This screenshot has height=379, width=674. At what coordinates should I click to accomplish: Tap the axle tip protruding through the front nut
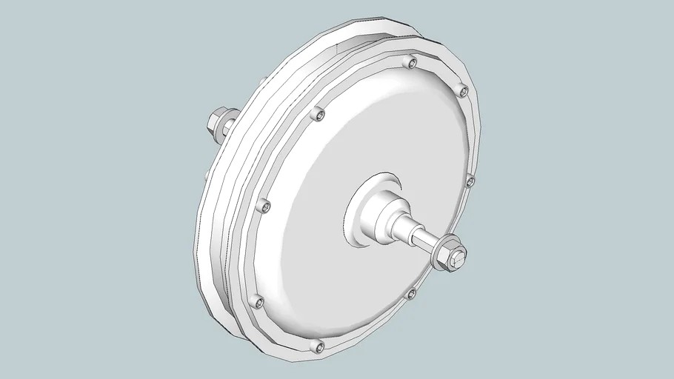click(x=461, y=256)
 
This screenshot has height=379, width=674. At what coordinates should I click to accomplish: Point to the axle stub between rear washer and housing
click(x=234, y=127)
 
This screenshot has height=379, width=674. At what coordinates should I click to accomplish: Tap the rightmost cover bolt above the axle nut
click(x=469, y=180)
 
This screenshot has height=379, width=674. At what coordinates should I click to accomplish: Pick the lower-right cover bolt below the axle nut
click(x=412, y=295)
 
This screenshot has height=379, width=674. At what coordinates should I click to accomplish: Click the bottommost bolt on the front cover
click(x=319, y=345)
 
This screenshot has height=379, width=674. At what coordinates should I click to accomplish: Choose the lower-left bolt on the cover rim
click(x=257, y=301)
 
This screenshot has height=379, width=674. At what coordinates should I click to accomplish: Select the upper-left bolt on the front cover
click(x=318, y=114)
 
